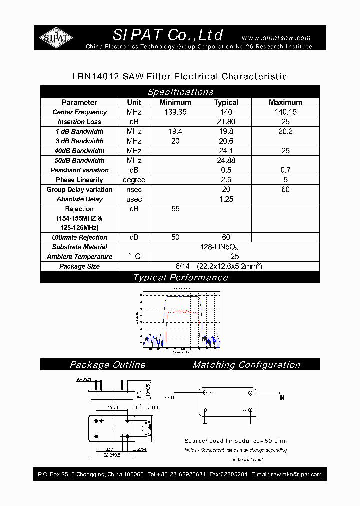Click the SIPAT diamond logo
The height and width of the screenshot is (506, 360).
pyautogui.click(x=56, y=38)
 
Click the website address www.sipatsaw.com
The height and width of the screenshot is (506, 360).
pyautogui.click(x=276, y=38)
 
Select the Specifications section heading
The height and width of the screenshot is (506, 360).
pyautogui.click(x=180, y=92)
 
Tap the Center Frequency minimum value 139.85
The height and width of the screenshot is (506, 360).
pyautogui.click(x=175, y=112)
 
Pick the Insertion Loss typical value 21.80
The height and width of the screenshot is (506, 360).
pyautogui.click(x=226, y=122)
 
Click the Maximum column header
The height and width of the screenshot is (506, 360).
pyautogui.click(x=285, y=102)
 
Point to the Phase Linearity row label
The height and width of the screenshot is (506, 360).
pyautogui.click(x=79, y=180)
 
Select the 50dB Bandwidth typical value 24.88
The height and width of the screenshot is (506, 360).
pyautogui.click(x=226, y=160)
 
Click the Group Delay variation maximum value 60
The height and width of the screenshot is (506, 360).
pyautogui.click(x=285, y=189)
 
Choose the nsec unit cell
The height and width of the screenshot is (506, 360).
pyautogui.click(x=134, y=189)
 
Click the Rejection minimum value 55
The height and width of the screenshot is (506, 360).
pyautogui.click(x=175, y=209)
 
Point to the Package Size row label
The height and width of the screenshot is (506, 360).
pyautogui.click(x=79, y=266)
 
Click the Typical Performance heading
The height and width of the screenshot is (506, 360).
pyautogui.click(x=180, y=278)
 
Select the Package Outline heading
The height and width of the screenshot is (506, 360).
pyautogui.click(x=107, y=365)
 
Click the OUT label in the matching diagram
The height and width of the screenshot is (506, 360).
pyautogui.click(x=170, y=398)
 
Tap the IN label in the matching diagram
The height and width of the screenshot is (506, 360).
pyautogui.click(x=282, y=398)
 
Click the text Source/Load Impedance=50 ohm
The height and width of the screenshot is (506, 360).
pyautogui.click(x=236, y=441)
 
